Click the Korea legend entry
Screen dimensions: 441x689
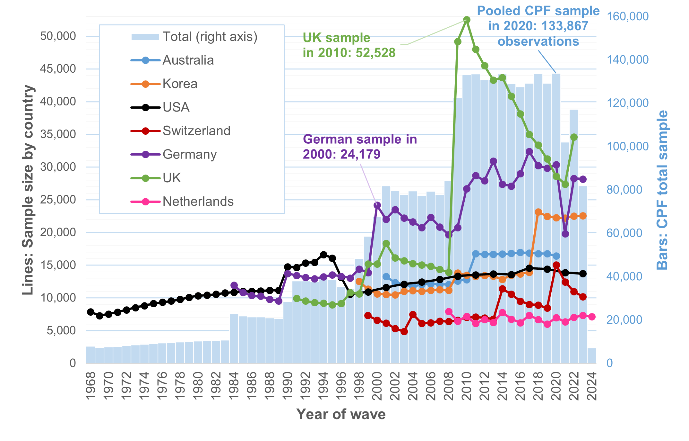(x=180, y=84)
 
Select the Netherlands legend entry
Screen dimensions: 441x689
(x=198, y=202)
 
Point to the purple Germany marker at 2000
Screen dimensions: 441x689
(x=377, y=205)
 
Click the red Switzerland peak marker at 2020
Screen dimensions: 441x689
(x=556, y=265)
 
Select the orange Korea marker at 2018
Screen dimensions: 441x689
(x=538, y=212)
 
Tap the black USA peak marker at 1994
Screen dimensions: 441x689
(x=324, y=255)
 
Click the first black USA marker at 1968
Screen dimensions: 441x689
(x=91, y=312)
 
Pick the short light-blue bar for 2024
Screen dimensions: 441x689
(x=592, y=355)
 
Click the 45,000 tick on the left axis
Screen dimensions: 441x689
(x=58, y=69)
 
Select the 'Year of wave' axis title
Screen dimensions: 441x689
(x=341, y=414)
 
